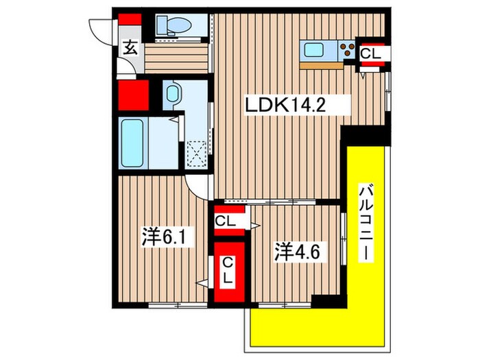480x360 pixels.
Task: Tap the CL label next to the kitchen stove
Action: pyautogui.click(x=372, y=52)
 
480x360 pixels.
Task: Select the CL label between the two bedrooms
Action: pyautogui.click(x=226, y=221)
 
